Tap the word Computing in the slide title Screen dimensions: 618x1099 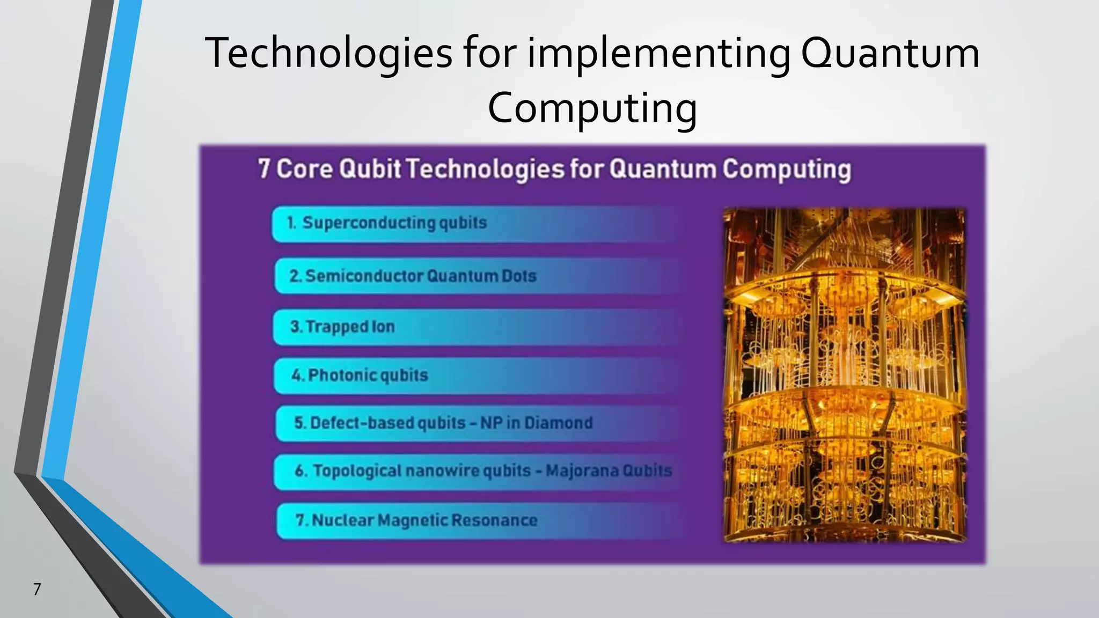(x=592, y=107)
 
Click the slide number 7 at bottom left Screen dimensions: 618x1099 (x=37, y=589)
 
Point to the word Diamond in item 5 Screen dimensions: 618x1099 (x=559, y=423)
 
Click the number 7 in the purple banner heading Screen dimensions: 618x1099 (x=263, y=168)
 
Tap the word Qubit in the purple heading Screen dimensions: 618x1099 (x=370, y=168)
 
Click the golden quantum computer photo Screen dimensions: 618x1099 (x=844, y=374)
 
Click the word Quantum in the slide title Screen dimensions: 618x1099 (x=890, y=53)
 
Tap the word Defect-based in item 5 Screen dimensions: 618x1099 (x=362, y=423)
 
